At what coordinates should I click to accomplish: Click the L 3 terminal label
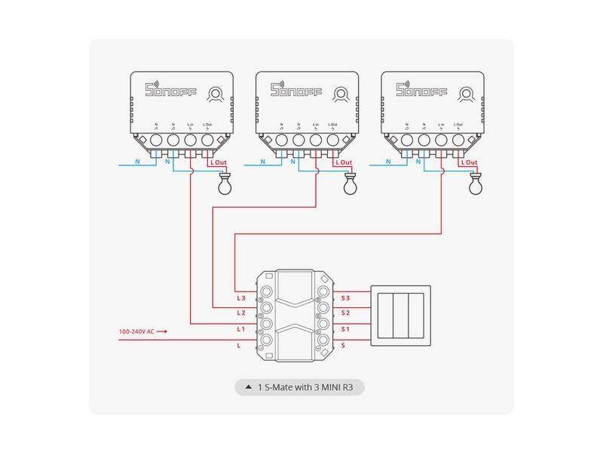pyautogui.click(x=241, y=299)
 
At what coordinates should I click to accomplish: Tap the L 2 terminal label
pyautogui.click(x=241, y=313)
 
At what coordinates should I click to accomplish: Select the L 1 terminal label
pyautogui.click(x=241, y=329)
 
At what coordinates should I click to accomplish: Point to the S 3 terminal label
pyautogui.click(x=346, y=299)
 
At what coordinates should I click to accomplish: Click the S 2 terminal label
pyautogui.click(x=346, y=313)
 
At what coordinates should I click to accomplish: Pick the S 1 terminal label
pyautogui.click(x=346, y=329)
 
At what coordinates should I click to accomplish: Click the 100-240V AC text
pyautogui.click(x=138, y=331)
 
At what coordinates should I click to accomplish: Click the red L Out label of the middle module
pyautogui.click(x=343, y=162)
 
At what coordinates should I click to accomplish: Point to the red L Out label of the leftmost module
pyautogui.click(x=218, y=162)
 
